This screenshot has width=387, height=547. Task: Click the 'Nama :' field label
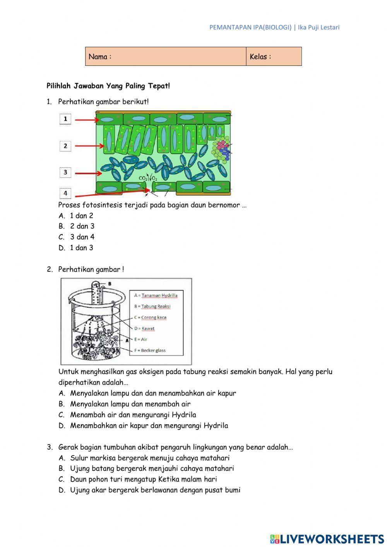[100, 57]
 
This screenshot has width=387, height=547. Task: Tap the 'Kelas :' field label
[260, 57]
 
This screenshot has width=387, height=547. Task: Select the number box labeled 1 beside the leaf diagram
[65, 119]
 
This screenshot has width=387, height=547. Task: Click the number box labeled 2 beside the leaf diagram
[65, 146]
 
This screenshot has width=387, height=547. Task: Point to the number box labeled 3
[65, 172]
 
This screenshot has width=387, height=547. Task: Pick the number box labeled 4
[65, 193]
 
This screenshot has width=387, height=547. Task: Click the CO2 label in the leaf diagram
[143, 178]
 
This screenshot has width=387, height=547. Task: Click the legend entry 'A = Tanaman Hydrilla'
[156, 295]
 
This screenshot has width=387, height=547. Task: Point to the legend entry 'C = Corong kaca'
[150, 317]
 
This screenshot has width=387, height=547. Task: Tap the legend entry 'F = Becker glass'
[150, 350]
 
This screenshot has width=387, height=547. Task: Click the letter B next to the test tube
[110, 284]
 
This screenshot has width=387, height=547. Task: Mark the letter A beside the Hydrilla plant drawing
[127, 341]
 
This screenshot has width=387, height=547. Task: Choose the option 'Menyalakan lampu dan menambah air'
[130, 404]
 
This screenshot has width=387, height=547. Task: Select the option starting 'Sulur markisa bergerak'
[150, 458]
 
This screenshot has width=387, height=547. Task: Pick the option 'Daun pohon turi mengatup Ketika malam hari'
[143, 479]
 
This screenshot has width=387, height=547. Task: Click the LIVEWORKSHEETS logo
[327, 538]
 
